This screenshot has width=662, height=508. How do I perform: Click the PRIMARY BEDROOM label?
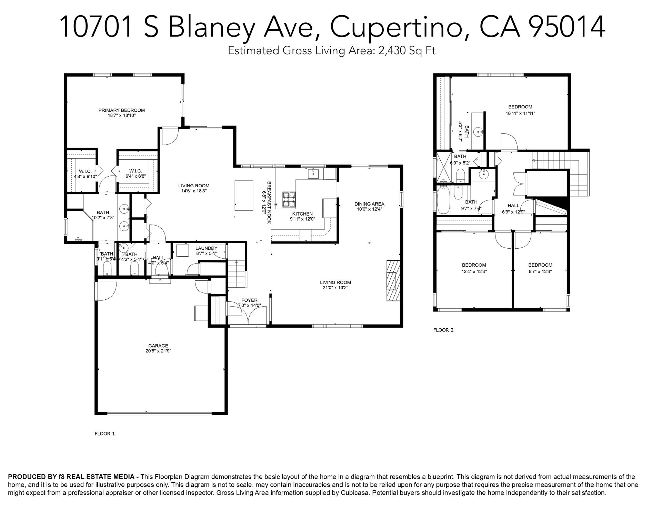[x=121, y=110]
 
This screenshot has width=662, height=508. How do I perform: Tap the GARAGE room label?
[x=158, y=346]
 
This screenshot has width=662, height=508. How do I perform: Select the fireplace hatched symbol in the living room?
[x=393, y=281]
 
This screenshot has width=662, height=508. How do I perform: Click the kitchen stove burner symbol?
[x=289, y=199]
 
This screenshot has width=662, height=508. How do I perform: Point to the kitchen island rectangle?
[x=244, y=196]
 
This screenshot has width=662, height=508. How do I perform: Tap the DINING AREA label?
[x=369, y=204]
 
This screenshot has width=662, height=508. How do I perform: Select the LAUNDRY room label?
[x=206, y=248]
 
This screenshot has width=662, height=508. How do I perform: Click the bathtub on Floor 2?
[x=443, y=200]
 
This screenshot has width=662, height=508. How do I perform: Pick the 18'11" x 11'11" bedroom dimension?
[x=520, y=113]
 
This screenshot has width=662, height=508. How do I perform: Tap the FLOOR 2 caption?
[x=443, y=330]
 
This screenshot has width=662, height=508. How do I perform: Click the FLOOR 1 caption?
[x=104, y=434]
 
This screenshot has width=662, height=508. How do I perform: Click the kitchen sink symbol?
[x=314, y=174]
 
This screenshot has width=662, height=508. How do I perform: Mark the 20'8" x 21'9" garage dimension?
[x=158, y=351]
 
